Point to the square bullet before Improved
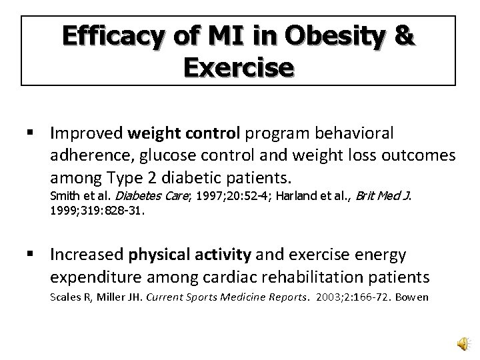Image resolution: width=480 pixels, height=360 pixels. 33,134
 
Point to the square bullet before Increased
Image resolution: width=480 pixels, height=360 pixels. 33,254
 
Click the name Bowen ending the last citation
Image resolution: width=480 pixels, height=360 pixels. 413,296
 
